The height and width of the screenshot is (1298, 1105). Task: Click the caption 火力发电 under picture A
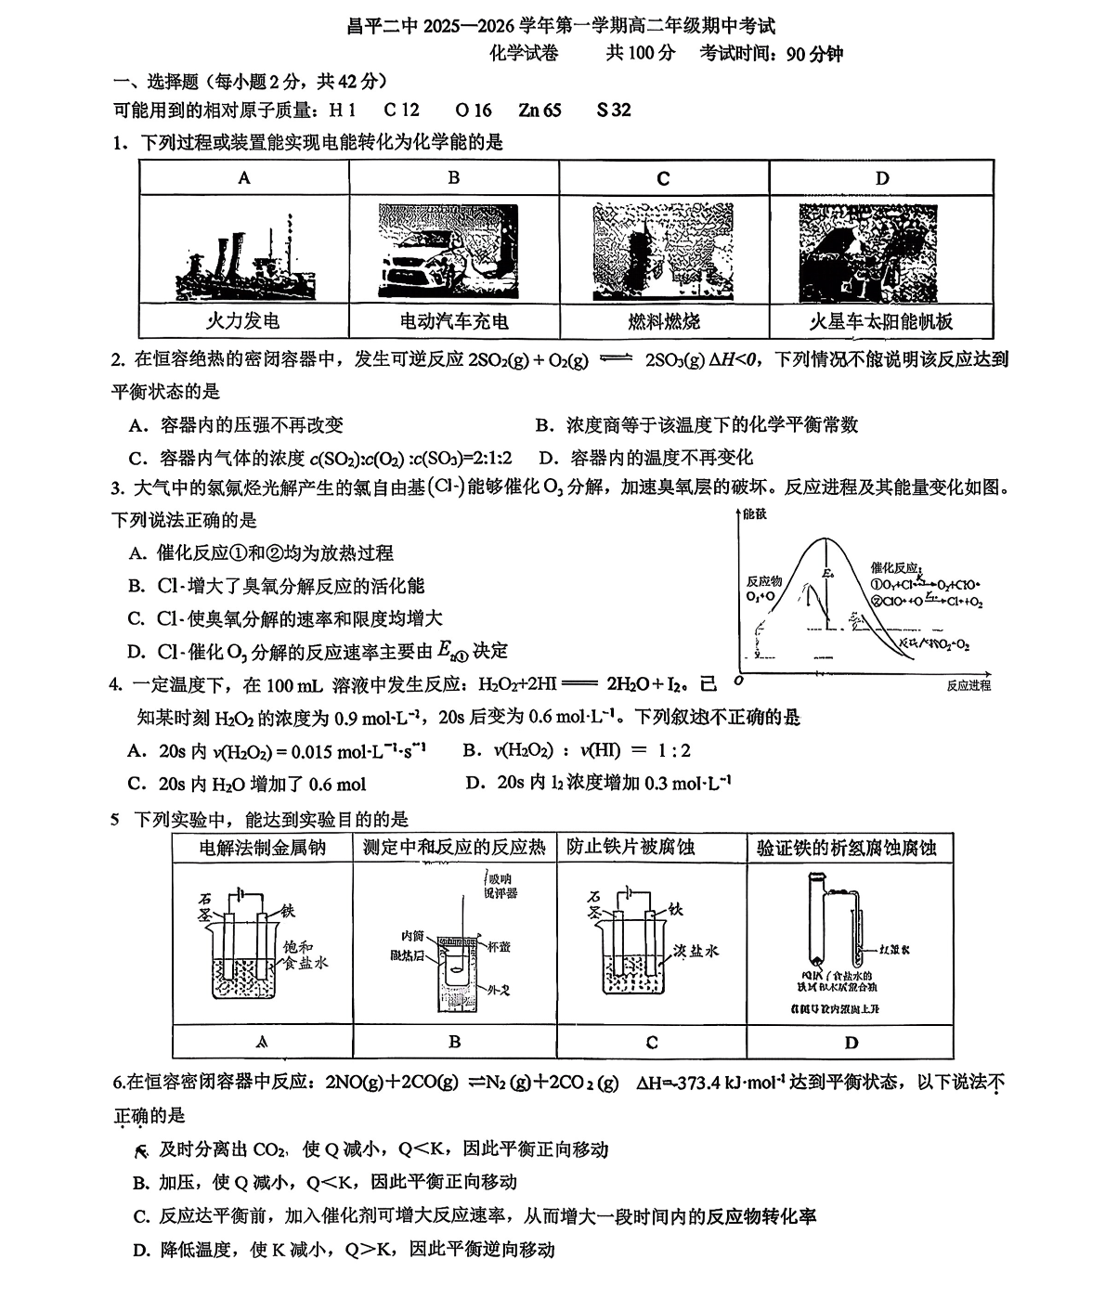(242, 322)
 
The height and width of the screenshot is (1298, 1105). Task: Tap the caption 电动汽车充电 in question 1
(453, 322)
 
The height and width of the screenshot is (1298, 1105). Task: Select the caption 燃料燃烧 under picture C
(663, 322)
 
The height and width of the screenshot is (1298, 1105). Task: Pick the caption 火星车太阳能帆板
(881, 322)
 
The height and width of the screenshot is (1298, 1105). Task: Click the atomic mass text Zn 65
(539, 110)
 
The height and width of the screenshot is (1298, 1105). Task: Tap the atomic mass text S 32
(614, 110)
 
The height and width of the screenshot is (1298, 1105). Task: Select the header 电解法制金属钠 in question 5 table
(263, 848)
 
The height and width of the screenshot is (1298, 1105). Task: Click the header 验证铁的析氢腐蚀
(847, 848)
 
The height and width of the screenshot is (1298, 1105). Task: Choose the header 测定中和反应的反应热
(454, 848)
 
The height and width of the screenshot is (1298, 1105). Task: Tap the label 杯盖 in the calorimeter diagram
(499, 947)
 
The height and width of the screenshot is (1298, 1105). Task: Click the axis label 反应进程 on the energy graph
(968, 685)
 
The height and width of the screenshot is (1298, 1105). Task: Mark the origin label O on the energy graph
(737, 681)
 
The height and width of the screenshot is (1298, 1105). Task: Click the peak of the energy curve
(817, 539)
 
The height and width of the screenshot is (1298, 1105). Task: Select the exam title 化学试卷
(525, 53)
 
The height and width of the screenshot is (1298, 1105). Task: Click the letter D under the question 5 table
(851, 1043)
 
